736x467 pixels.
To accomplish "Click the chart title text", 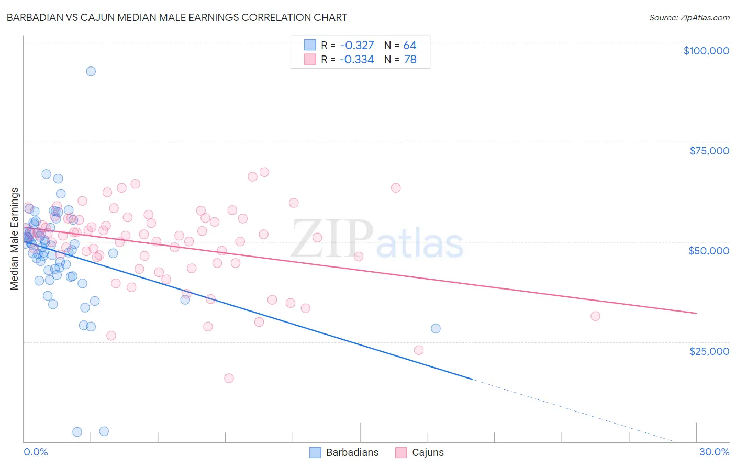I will [x=176, y=17].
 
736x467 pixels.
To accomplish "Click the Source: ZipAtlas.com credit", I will [x=689, y=18].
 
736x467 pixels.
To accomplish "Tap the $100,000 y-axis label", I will [x=706, y=51].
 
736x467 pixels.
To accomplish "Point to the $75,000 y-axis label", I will [x=709, y=151].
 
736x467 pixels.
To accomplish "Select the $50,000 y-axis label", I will [x=709, y=251].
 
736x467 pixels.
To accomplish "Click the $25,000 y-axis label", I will [x=709, y=351].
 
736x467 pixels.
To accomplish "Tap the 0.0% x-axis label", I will [x=36, y=452].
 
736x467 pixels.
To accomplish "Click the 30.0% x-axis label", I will [x=714, y=452].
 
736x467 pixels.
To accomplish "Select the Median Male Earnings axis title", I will [x=15, y=238].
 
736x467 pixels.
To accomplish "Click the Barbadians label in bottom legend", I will [x=352, y=453].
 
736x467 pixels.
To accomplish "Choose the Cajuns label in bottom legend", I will [x=428, y=453].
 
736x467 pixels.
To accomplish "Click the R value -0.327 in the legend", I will [x=356, y=46].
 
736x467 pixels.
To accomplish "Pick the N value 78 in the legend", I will [x=410, y=60].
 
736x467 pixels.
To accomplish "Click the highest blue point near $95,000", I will [x=91, y=71].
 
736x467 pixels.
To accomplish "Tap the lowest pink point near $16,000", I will [x=229, y=378].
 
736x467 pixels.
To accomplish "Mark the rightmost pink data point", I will [x=595, y=316].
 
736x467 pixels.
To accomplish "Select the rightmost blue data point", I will [x=436, y=329].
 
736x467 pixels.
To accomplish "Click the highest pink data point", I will [x=264, y=172].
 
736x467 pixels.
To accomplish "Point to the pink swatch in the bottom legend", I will [x=401, y=453].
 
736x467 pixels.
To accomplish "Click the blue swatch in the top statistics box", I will [x=310, y=45].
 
